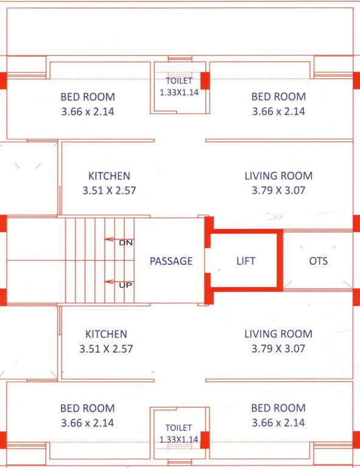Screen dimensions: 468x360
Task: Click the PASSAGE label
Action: click(171, 261)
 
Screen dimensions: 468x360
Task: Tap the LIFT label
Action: click(245, 261)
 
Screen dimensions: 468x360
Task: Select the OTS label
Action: click(318, 261)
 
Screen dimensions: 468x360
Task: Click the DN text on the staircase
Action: click(125, 243)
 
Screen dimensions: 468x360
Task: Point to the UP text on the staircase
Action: click(126, 284)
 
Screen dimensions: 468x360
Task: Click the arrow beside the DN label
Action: click(111, 239)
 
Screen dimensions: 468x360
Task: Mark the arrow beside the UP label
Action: click(111, 282)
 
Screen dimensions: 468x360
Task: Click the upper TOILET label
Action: click(179, 80)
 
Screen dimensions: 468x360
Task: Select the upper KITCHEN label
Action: click(109, 175)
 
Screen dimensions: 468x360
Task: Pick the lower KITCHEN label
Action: click(106, 334)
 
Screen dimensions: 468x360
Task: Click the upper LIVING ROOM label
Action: click(278, 175)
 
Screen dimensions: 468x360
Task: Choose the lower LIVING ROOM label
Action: click(278, 334)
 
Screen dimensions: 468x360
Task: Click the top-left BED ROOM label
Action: click(88, 96)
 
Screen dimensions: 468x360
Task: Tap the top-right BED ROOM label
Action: click(278, 96)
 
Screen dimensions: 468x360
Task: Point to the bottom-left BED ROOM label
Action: click(87, 408)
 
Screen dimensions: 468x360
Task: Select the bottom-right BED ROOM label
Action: click(278, 408)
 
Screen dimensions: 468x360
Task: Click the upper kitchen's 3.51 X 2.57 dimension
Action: click(109, 190)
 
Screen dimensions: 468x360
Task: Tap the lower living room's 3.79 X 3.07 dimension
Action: click(278, 349)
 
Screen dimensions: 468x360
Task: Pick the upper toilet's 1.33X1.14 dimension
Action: click(179, 93)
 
